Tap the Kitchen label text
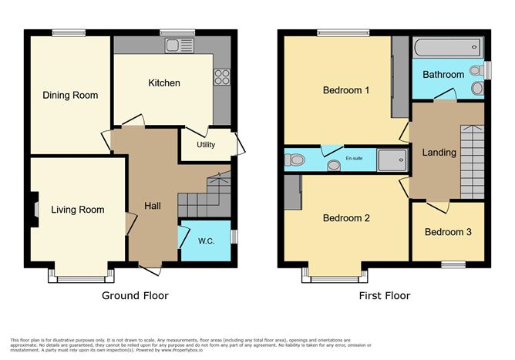pyautogui.click(x=164, y=83)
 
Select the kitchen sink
pyautogui.click(x=178, y=45)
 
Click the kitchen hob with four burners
pyautogui.click(x=222, y=76)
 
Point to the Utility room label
pyautogui.click(x=206, y=144)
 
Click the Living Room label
pyautogui.click(x=77, y=210)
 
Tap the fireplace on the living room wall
pyautogui.click(x=35, y=209)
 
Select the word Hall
pyautogui.click(x=152, y=206)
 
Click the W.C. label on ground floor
pyautogui.click(x=206, y=241)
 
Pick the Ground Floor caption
pyautogui.click(x=135, y=295)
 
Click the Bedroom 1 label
pyautogui.click(x=345, y=90)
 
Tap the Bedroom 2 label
pyautogui.click(x=345, y=218)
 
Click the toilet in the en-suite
pyautogui.click(x=295, y=160)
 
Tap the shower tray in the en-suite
pyautogui.click(x=389, y=160)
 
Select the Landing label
pyautogui.click(x=439, y=152)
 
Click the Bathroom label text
pyautogui.click(x=443, y=75)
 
